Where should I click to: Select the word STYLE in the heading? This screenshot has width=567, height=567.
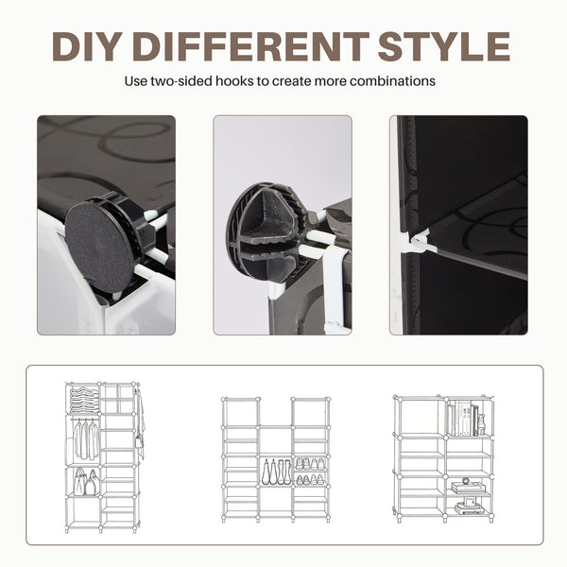444,46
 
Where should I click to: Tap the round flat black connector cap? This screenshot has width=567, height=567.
98,247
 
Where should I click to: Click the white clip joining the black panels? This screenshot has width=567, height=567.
420,240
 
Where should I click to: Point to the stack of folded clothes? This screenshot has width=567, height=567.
84,399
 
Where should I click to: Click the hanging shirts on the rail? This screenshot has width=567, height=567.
87,439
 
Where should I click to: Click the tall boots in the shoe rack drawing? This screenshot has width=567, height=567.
277,472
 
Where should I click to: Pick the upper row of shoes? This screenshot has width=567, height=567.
310,464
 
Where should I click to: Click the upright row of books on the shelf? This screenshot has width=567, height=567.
463,418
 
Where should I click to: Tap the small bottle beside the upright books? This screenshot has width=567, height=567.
481,425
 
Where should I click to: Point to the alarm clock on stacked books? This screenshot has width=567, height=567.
465,481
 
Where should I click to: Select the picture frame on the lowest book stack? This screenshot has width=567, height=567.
470,502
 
